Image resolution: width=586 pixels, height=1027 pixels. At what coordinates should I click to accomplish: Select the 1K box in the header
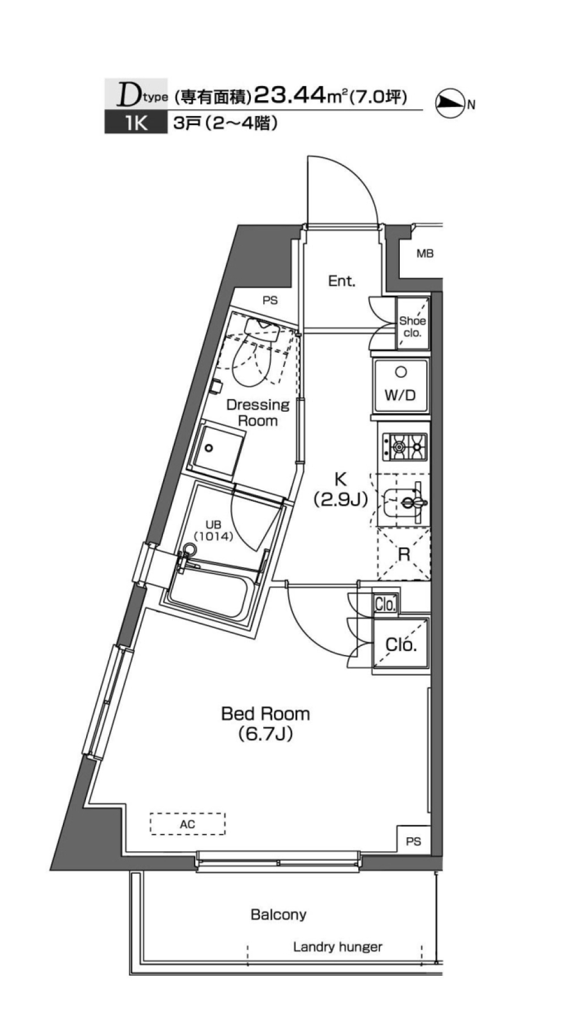[x=136, y=123]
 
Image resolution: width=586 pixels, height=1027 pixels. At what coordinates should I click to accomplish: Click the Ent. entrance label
[x=341, y=281]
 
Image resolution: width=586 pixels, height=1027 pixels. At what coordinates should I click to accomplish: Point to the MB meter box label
[x=425, y=253]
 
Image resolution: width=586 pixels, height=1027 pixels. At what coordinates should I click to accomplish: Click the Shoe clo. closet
[x=413, y=327]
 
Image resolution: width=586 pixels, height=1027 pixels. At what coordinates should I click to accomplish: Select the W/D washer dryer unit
[x=400, y=386]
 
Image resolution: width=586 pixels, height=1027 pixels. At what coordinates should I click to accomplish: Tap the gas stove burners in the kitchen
[x=405, y=447]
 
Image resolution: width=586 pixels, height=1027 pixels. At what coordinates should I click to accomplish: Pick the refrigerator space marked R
[x=404, y=554]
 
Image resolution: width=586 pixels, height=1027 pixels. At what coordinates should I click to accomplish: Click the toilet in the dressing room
[x=257, y=357]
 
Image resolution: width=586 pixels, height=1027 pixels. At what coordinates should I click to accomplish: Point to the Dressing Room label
[x=258, y=412]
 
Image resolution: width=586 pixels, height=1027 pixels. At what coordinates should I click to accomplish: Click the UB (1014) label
[x=214, y=531]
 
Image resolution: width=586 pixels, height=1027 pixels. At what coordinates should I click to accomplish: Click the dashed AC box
[x=187, y=824]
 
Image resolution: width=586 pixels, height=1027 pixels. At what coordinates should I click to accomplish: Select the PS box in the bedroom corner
[x=413, y=841]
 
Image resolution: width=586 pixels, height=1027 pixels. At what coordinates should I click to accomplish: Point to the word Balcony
[x=278, y=914]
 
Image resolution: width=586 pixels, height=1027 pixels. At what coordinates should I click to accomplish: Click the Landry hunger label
[x=337, y=947]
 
